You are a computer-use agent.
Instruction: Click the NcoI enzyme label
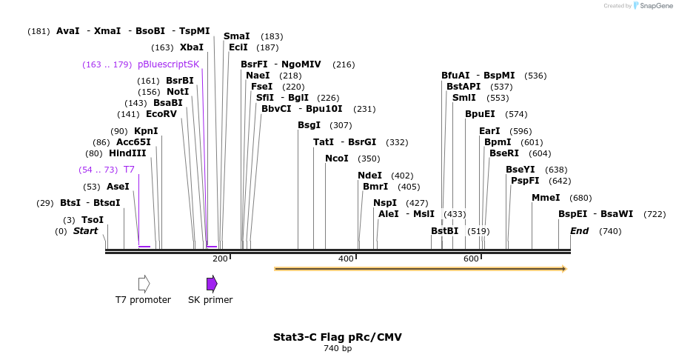[337, 159]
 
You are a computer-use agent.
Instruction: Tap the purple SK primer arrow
[212, 284]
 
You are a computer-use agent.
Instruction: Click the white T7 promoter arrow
[144, 284]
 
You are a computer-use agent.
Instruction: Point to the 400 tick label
[346, 259]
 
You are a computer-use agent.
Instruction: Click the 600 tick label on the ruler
[471, 259]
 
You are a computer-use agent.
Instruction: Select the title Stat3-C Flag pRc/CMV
[338, 337]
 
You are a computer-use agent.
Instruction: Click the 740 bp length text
[338, 348]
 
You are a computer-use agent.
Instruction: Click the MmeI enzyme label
[546, 198]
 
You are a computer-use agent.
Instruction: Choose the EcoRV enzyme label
[161, 114]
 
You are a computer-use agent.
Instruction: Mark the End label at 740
[579, 231]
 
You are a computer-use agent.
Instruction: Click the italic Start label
[85, 231]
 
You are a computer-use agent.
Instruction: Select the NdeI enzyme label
[370, 176]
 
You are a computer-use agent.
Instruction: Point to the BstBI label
[444, 231]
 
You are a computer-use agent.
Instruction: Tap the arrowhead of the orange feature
[563, 269]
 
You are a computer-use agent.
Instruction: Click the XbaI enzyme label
[192, 47]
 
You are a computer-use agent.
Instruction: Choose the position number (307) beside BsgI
[341, 125]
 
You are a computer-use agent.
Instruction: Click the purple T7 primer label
[129, 170]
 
